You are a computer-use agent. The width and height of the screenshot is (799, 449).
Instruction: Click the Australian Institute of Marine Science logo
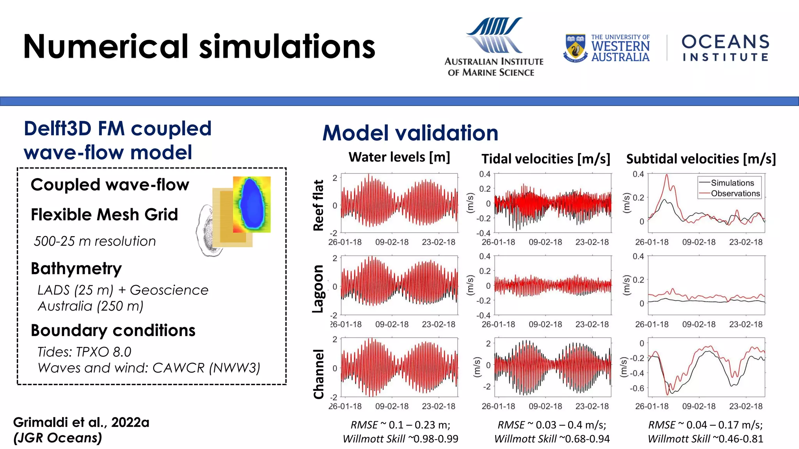coord(494,47)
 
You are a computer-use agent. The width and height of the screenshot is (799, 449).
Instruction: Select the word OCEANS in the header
coord(725,42)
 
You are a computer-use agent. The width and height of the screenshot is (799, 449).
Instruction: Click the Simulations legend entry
coord(732,183)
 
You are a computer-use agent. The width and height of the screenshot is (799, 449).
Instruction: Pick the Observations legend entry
coord(735,193)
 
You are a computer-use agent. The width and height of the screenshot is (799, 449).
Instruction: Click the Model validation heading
coord(410,133)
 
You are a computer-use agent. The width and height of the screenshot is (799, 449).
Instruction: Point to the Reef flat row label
coord(318,205)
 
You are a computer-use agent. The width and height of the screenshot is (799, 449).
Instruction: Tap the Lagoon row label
coord(318,288)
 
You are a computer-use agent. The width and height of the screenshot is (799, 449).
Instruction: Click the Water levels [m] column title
coord(399,157)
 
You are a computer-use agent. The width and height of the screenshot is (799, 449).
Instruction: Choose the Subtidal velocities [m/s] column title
coord(701,159)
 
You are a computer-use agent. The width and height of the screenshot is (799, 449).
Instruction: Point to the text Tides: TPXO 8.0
coord(84,352)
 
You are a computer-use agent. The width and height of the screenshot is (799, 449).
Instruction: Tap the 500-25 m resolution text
coord(95,241)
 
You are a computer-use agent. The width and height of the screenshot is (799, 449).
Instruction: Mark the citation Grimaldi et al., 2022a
coord(81,422)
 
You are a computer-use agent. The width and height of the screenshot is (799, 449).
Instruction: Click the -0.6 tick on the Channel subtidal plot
coord(637,388)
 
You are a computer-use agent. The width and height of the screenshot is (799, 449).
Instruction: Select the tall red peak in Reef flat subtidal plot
coord(667,176)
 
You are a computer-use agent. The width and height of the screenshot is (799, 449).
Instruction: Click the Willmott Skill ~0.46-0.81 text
coord(705,439)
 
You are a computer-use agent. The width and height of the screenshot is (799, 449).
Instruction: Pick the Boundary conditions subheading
coord(113,331)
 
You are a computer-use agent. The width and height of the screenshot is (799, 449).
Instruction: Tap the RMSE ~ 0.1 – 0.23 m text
coord(400,425)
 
